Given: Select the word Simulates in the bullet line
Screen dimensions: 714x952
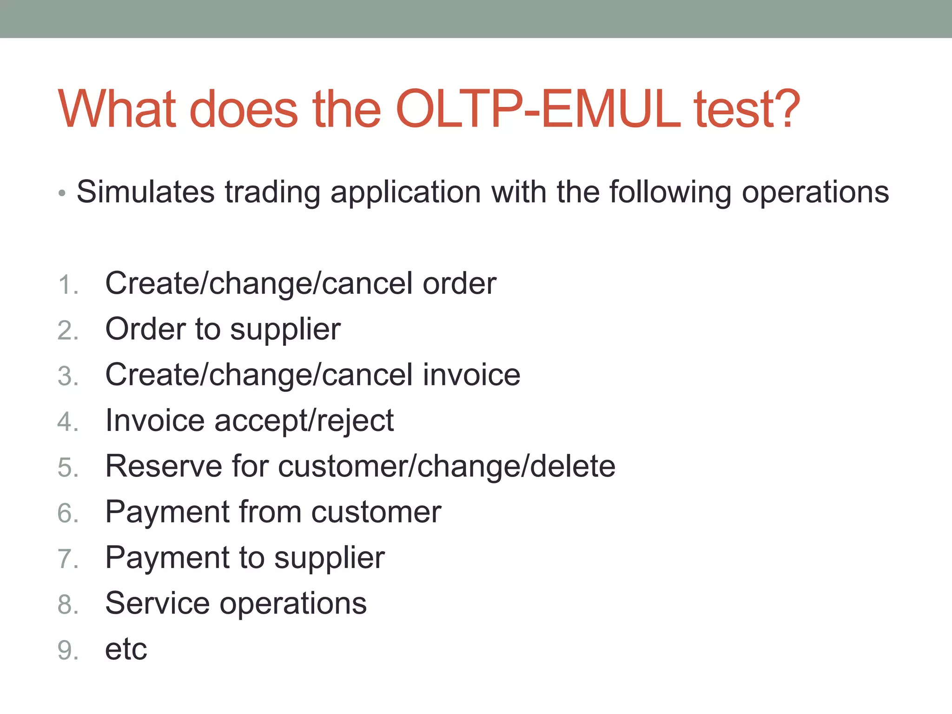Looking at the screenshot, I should tap(145, 192).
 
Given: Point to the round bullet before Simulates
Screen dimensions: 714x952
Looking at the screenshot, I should tap(62, 193).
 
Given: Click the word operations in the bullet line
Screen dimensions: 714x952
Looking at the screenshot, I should tap(815, 192).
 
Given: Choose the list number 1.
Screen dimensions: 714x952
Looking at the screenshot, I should tap(67, 284).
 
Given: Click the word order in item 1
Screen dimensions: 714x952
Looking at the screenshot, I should tap(459, 283).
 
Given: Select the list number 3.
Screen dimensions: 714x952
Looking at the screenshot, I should tap(67, 376).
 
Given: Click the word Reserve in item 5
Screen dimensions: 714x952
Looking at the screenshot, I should tap(164, 466).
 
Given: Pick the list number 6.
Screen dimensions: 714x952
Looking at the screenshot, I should tap(67, 513).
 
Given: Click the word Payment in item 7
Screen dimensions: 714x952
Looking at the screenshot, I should tap(167, 558).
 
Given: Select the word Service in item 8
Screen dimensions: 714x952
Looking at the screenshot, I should tap(158, 603).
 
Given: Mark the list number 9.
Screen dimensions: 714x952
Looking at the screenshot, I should tap(67, 650).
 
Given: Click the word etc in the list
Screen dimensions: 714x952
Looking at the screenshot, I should tap(126, 649).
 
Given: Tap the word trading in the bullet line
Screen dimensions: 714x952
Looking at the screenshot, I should tap(272, 192).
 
